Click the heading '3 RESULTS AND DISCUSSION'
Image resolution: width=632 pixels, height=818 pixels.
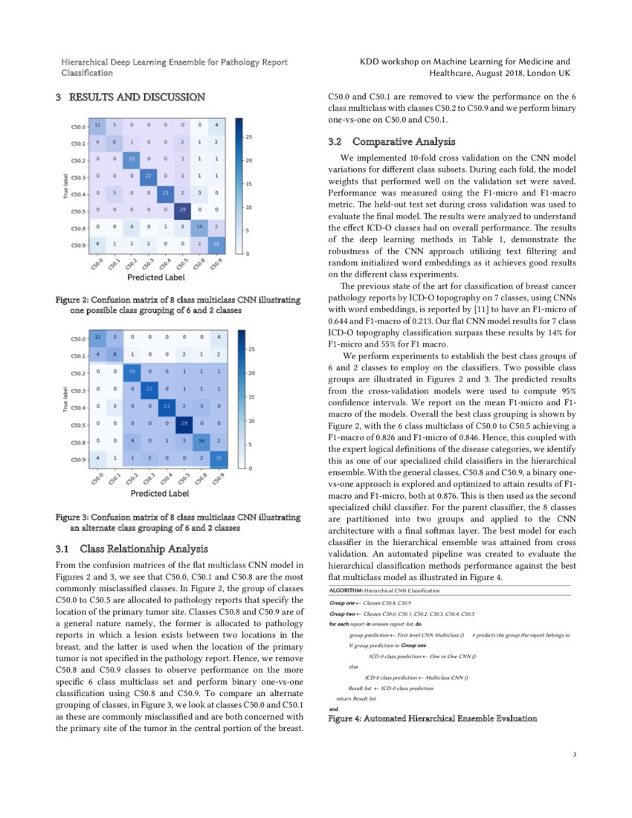(131, 97)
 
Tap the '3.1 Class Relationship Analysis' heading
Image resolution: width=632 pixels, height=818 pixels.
(132, 550)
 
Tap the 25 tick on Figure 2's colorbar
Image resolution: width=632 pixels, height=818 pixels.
(250, 138)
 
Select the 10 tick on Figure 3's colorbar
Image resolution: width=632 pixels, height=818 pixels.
(250, 422)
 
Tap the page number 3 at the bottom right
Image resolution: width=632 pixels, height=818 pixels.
(575, 756)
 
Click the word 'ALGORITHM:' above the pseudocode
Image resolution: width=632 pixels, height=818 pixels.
(346, 590)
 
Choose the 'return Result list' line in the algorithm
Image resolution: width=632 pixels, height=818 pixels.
(356, 699)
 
